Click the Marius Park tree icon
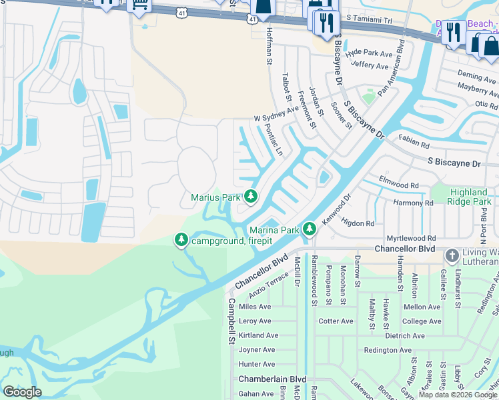251,196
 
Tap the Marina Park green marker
309,229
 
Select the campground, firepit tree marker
181,239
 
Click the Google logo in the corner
22,392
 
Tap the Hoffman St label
270,51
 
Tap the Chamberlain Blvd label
272,379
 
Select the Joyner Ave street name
257,349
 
